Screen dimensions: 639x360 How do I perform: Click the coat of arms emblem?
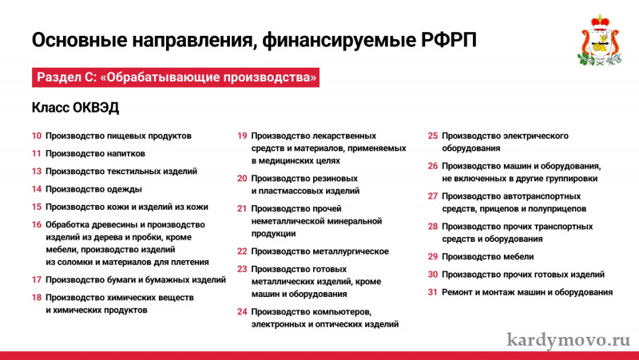coord(600,41)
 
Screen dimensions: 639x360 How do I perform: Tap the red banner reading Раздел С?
coord(176,77)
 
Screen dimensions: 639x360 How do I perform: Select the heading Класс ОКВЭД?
coord(75,108)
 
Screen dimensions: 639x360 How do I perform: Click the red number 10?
coord(37,136)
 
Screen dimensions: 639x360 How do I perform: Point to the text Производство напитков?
coord(95,153)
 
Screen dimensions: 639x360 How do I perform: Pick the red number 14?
coord(37,189)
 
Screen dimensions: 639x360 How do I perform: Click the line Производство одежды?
coord(93,189)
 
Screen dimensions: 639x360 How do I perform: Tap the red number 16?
coord(37,224)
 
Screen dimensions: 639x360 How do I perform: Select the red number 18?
coord(37,297)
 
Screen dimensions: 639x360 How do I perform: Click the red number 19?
coord(242,136)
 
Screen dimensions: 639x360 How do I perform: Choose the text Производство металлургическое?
coord(320,251)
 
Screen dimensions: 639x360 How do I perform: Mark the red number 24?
coord(242,311)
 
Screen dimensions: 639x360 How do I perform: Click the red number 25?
coord(433,136)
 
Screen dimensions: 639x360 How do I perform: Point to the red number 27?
coord(433,196)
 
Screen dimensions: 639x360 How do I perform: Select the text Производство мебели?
coord(488,256)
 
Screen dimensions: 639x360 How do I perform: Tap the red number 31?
coord(433,292)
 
